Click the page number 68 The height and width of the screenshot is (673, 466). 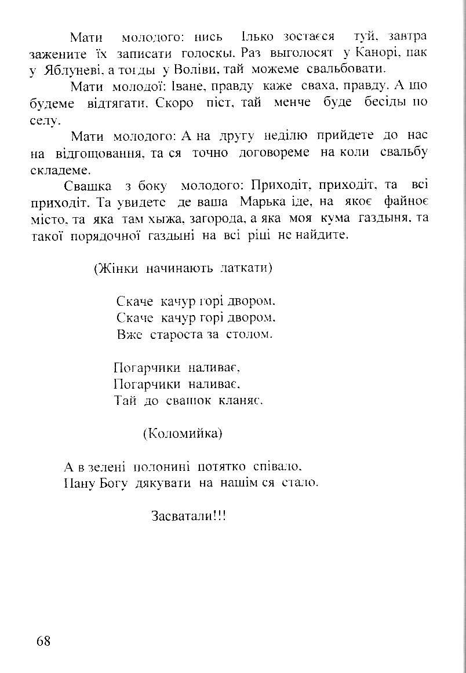point(43,641)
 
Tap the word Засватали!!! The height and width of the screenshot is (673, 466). point(188,516)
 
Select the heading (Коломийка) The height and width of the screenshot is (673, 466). point(183,433)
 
